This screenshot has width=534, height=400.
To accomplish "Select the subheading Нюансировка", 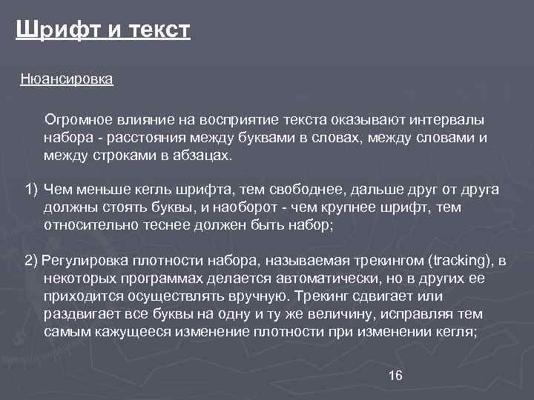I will [x=67, y=79].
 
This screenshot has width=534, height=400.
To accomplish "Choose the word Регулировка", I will [x=84, y=261].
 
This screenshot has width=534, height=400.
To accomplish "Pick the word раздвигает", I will [x=79, y=314].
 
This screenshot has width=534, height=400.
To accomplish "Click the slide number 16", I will [x=395, y=376].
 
